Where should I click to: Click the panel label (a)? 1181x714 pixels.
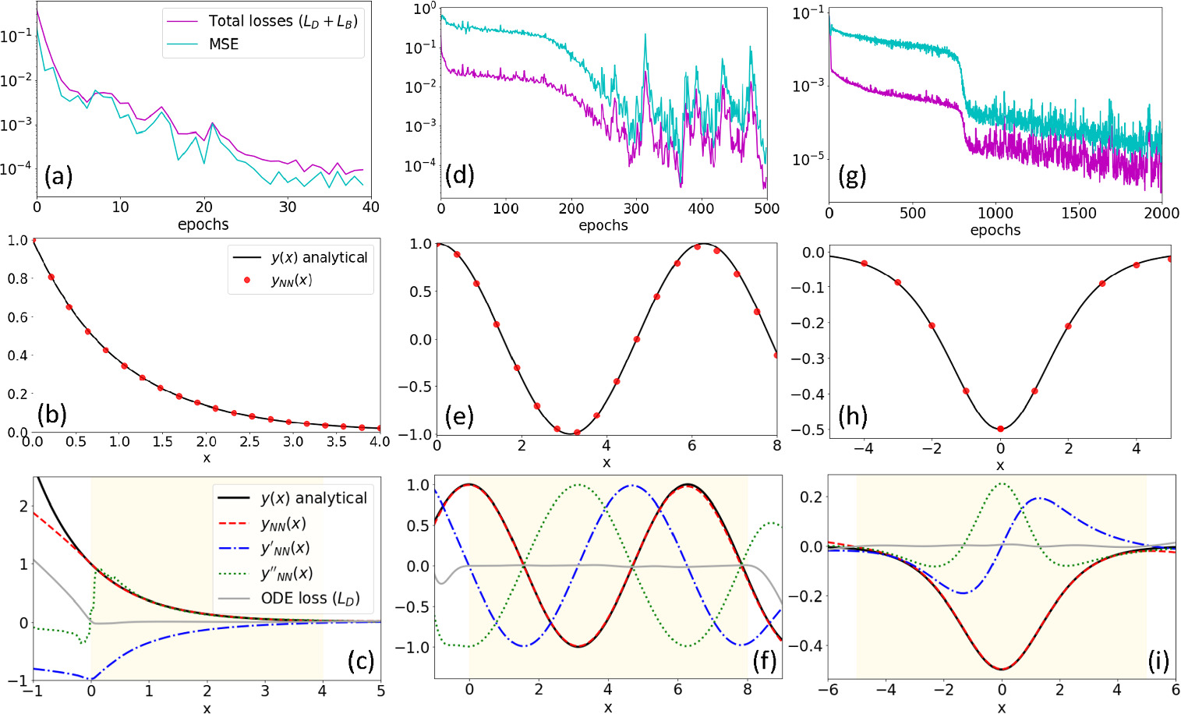click(x=58, y=176)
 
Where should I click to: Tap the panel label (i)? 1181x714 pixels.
click(x=1158, y=661)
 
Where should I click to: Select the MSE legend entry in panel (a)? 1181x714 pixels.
click(x=223, y=44)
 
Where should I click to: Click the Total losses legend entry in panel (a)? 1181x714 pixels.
click(x=282, y=21)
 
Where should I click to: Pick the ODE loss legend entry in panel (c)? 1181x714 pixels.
click(x=310, y=598)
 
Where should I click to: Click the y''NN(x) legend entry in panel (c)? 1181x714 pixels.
click(x=286, y=573)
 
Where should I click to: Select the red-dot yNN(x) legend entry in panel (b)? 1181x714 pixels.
click(x=291, y=280)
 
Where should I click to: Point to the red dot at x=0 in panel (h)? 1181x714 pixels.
click(x=1000, y=429)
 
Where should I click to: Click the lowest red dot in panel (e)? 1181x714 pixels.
click(x=577, y=432)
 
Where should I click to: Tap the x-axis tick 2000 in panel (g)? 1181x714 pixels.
click(x=1161, y=214)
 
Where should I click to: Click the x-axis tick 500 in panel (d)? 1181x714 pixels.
click(x=767, y=208)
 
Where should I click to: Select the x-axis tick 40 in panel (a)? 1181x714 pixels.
click(x=370, y=207)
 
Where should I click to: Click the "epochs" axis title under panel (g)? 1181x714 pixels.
click(x=995, y=230)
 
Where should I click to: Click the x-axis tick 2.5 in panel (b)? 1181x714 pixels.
click(x=249, y=442)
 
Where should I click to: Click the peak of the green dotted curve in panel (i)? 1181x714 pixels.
click(x=1001, y=483)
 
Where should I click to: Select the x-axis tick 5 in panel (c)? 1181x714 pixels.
click(x=380, y=690)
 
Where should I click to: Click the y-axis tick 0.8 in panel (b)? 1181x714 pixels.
click(x=17, y=279)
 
